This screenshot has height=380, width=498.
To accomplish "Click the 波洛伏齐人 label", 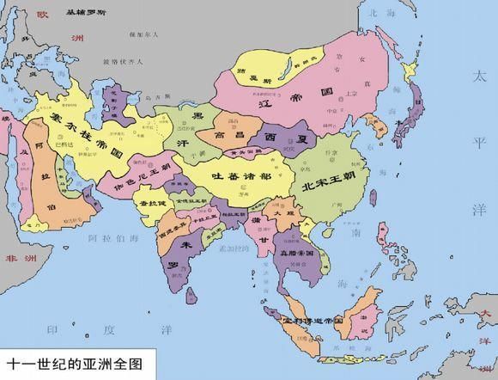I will coord(118,62).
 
